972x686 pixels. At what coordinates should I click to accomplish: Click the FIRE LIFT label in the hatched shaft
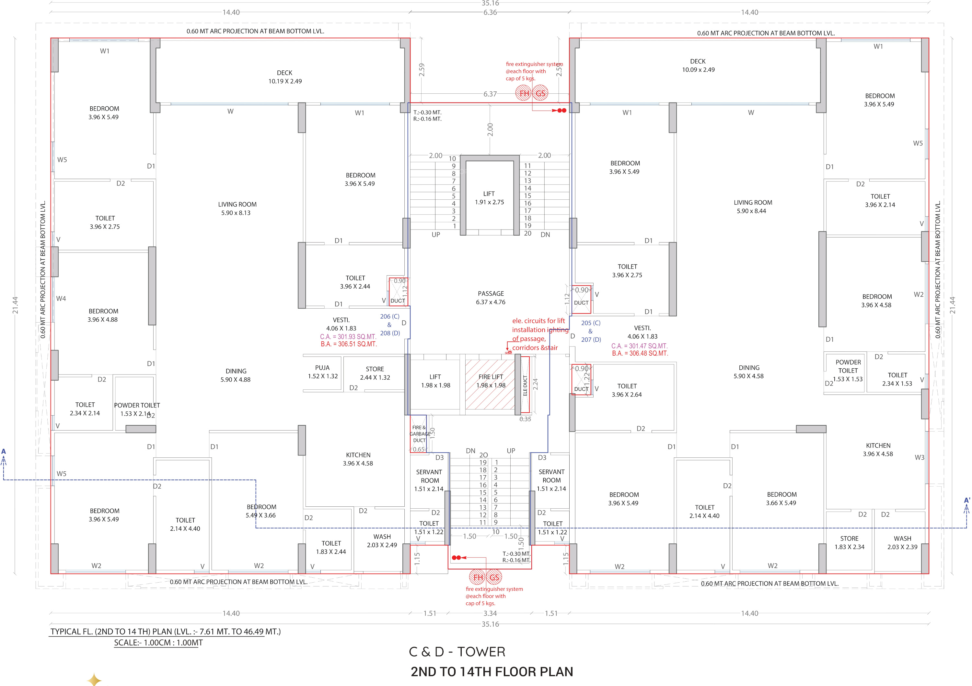491,377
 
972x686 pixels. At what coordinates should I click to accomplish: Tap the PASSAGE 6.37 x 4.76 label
491,298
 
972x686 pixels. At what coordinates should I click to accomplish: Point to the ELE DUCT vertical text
525,385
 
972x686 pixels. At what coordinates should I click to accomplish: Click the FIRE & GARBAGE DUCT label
419,434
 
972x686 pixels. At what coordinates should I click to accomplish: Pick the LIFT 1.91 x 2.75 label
489,198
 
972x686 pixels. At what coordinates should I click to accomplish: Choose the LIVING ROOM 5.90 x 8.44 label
753,207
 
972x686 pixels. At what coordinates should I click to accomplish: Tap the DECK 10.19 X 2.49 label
285,77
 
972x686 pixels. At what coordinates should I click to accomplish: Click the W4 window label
61,298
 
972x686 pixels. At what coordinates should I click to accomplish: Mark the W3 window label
919,457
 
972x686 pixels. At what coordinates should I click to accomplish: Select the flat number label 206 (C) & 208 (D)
390,325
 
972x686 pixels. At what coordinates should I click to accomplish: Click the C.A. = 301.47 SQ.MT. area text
639,346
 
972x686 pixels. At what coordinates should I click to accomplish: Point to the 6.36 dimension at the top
490,13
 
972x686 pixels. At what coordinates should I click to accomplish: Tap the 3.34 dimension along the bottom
490,613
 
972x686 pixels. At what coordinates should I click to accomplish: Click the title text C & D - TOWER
457,652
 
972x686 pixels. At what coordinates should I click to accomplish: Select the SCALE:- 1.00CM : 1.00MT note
158,642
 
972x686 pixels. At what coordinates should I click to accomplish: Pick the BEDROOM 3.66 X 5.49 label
781,499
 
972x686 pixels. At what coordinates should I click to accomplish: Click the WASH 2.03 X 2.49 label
382,541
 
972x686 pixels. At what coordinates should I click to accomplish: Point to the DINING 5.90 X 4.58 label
749,372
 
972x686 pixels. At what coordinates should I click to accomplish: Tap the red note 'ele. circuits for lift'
538,321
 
